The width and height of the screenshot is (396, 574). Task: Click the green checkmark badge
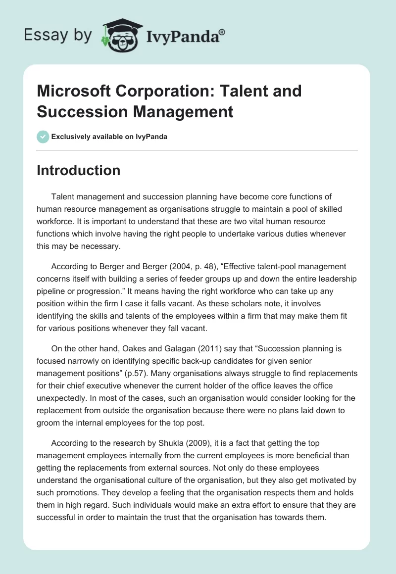(x=43, y=137)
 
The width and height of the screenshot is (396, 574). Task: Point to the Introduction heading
(x=78, y=171)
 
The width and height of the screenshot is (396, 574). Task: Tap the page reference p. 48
(x=183, y=267)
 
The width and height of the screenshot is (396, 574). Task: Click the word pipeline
(x=53, y=290)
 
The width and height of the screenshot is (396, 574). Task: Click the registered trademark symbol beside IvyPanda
(x=222, y=33)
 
